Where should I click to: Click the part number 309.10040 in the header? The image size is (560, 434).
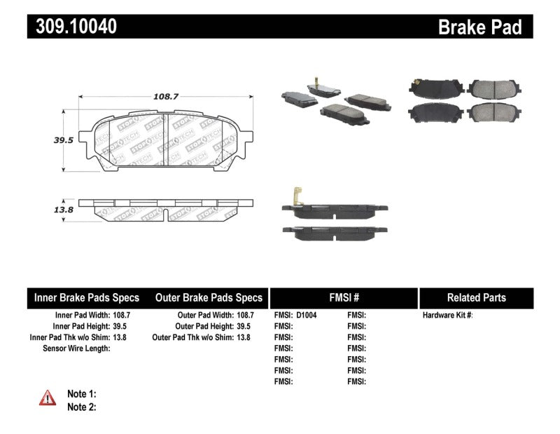pos(73,26)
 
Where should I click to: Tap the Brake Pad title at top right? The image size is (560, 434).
pos(479,27)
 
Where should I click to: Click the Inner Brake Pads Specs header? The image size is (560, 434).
pos(87,297)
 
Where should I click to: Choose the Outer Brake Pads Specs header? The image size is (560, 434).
pos(209,297)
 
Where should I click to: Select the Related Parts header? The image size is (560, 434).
pos(476,297)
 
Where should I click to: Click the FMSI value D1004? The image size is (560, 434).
pos(307,316)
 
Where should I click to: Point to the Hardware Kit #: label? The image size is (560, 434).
pos(448,316)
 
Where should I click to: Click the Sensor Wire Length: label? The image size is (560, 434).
pos(76,348)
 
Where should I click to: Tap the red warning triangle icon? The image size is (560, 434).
pos(48,398)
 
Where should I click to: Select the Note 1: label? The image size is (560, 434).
pos(81,394)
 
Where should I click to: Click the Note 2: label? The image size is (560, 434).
pos(81,407)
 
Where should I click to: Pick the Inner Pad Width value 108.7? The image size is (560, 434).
pos(122,316)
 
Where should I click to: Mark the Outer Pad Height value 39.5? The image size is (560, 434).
pos(243,327)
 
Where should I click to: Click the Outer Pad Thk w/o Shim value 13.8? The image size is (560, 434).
pos(243,337)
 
